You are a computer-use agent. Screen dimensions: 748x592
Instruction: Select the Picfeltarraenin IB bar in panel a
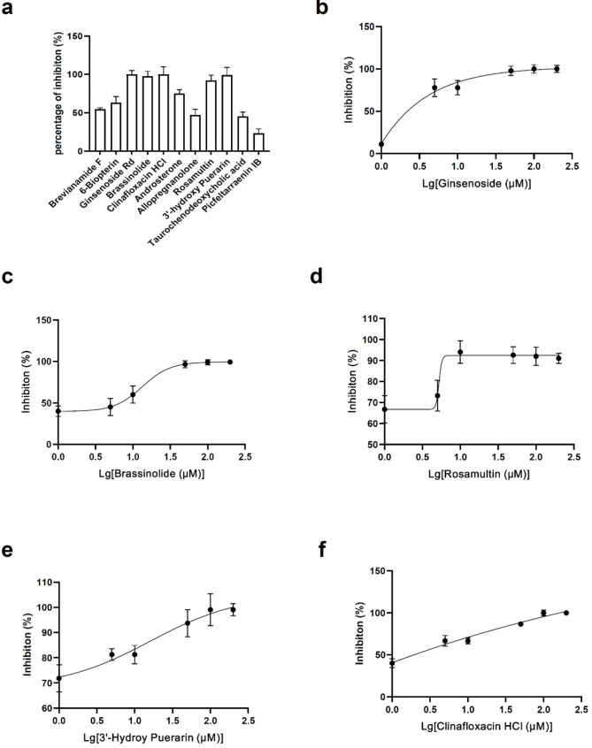[x=258, y=142]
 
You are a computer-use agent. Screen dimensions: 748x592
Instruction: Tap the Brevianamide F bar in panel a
[x=100, y=129]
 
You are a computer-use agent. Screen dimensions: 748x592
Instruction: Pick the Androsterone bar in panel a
[x=180, y=121]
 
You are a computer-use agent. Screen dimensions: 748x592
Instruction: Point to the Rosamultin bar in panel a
[x=211, y=114]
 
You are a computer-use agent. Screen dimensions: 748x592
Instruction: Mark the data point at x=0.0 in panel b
[x=381, y=144]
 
